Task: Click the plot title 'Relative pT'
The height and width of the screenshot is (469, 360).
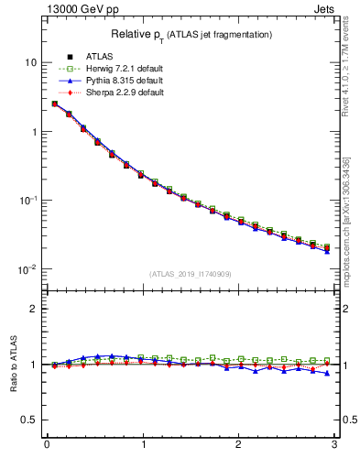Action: [x=191, y=34]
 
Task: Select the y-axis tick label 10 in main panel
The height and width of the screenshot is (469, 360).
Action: [x=30, y=62]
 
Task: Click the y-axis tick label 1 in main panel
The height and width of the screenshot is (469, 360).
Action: [x=33, y=131]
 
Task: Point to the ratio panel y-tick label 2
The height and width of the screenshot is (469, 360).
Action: [x=33, y=309]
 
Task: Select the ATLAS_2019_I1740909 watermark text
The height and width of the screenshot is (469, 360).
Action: [x=191, y=274]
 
